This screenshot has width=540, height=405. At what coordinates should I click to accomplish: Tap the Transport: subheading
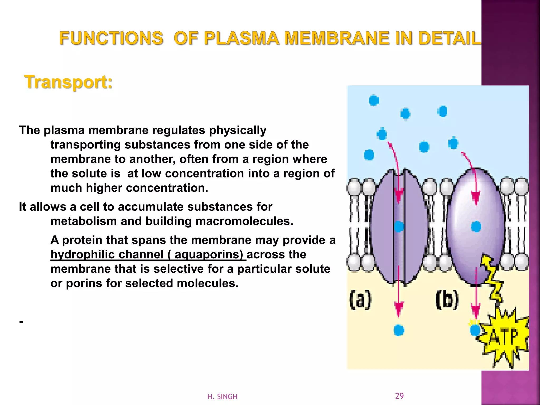click(68, 82)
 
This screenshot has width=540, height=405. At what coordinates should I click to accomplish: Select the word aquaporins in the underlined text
click(209, 254)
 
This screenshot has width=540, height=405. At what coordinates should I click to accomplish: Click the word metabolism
click(84, 221)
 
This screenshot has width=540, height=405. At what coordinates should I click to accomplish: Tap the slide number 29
click(399, 396)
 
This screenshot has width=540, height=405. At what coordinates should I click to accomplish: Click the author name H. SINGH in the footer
click(222, 397)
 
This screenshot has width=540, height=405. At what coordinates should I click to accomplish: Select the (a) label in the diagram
click(360, 300)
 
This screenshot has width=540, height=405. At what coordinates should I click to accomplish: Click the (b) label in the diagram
click(447, 300)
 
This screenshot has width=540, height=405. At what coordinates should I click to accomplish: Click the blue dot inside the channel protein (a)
click(399, 226)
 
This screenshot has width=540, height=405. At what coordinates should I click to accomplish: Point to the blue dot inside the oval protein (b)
click(476, 226)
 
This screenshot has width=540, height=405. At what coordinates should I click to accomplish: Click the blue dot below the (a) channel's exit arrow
click(399, 330)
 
